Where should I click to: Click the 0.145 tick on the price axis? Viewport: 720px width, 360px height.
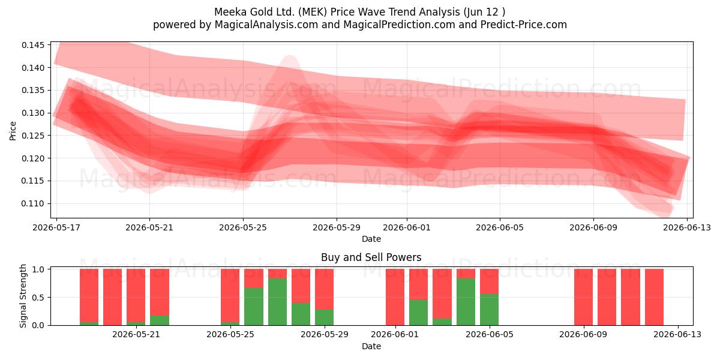(32, 45)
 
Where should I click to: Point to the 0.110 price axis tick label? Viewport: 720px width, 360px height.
(32, 203)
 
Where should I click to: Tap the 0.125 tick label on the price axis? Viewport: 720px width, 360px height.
(32, 136)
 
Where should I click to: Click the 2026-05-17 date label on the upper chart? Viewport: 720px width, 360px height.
(56, 227)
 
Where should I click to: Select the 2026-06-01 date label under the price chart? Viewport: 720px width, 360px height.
(407, 227)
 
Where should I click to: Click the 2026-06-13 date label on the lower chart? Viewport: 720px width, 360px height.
(677, 334)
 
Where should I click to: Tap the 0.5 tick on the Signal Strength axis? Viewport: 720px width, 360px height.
(38, 298)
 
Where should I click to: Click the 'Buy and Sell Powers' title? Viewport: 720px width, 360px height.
(371, 257)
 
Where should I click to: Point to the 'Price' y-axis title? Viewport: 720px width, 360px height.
(13, 131)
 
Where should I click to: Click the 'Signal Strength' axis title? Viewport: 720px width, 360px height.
(23, 296)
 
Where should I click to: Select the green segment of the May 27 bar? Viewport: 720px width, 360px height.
(277, 302)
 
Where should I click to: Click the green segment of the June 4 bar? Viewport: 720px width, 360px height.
(466, 302)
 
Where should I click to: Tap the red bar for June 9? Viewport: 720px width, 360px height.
(583, 297)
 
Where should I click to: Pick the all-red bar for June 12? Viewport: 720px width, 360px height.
(654, 297)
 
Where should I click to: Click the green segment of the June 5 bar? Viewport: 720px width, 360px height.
(489, 310)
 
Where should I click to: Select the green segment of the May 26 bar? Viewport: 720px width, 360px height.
(254, 307)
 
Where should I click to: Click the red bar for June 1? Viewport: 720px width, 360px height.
(395, 297)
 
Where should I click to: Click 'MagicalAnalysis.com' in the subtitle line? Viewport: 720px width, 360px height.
(266, 25)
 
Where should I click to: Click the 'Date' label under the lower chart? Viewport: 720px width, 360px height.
(371, 346)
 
